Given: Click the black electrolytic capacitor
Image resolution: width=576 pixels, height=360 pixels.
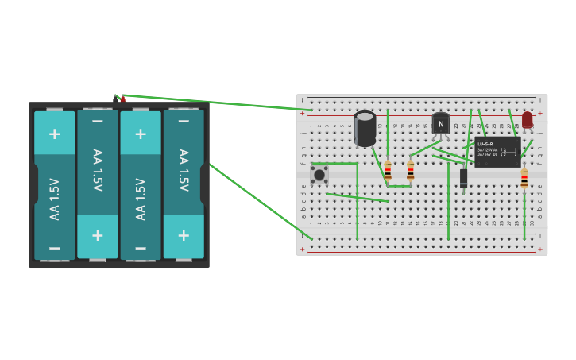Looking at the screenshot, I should click(365, 129).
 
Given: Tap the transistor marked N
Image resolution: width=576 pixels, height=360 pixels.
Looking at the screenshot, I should click(440, 124).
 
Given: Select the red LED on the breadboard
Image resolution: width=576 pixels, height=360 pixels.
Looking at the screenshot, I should click(528, 120).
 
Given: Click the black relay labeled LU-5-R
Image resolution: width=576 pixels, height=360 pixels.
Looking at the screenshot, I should click(497, 150).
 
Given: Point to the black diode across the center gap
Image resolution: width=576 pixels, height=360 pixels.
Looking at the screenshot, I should click(463, 178).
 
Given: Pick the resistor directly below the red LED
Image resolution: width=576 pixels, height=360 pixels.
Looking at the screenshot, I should click(524, 178).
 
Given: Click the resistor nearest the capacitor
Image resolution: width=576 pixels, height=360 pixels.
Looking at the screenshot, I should click(388, 171).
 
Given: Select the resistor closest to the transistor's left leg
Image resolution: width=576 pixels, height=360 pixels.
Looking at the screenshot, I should click(410, 171).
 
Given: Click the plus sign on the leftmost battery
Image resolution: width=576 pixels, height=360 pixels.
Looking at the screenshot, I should click(54, 134).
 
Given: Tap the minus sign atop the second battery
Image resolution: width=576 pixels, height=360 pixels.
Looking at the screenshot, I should click(97, 121).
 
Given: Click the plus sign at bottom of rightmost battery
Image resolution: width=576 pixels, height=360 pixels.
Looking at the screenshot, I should click(184, 235).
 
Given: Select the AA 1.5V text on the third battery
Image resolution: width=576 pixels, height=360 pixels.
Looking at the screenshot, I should click(141, 199).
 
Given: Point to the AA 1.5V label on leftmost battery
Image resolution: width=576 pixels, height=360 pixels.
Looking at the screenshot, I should click(55, 199).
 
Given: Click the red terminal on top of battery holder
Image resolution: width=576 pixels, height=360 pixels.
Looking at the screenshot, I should click(123, 99).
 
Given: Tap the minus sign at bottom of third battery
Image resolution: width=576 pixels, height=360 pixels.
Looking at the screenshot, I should click(141, 248).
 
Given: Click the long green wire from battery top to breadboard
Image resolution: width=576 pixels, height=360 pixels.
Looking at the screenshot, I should click(215, 103).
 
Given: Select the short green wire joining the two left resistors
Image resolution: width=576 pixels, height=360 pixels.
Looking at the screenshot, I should click(399, 186).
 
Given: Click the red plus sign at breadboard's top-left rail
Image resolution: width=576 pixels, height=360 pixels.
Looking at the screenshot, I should click(302, 114).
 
